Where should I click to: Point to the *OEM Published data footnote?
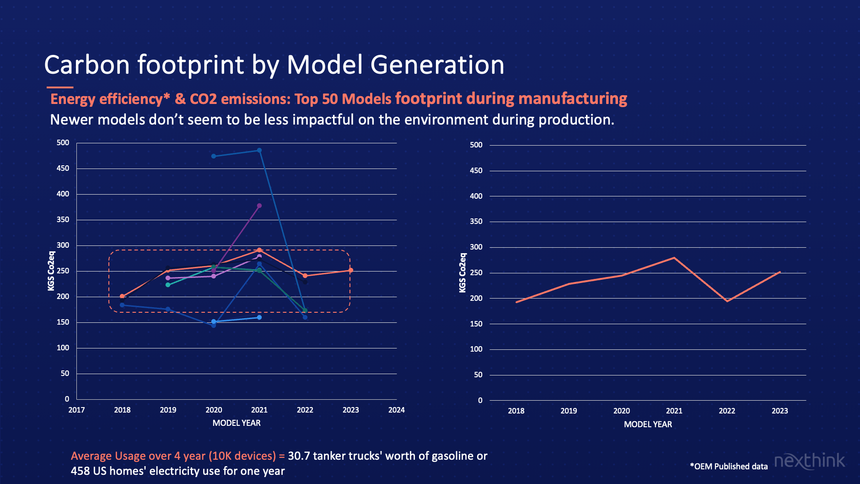729,467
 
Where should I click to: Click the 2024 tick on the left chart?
396,410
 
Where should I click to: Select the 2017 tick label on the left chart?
76,410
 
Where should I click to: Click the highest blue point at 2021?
259,150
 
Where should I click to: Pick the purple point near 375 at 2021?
259,206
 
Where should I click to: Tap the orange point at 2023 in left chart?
351,270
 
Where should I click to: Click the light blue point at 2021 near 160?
259,317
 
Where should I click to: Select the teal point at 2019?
168,285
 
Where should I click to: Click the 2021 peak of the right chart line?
674,258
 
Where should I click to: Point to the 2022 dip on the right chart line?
727,301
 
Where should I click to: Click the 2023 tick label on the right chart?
779,411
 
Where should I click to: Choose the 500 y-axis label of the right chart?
476,145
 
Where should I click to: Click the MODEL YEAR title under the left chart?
236,423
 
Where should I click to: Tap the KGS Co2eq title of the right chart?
462,273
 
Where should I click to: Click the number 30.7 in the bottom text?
298,456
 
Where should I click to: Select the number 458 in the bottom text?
81,471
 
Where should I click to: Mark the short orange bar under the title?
60,87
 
